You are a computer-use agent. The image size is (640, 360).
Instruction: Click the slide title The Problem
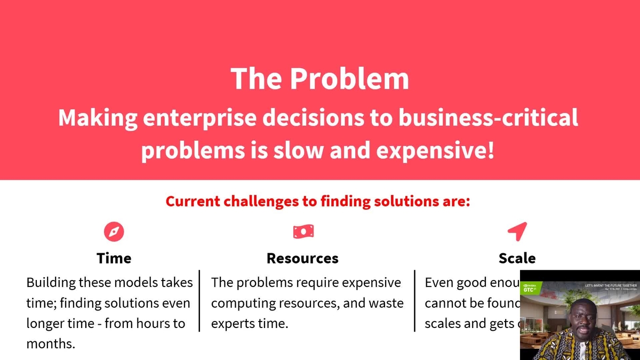[320, 79]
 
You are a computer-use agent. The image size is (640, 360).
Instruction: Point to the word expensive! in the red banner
[435, 151]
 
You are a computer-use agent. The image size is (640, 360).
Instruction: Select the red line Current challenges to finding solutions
[317, 202]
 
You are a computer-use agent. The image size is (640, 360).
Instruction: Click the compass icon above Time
[114, 231]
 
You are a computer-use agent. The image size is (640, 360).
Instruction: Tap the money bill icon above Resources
[303, 231]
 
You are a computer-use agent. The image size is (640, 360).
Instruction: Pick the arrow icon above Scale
[517, 231]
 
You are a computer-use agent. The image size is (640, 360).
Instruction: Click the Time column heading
[114, 259]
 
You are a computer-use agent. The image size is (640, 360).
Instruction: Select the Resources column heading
[302, 259]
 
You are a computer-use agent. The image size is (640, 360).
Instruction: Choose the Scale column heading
[517, 259]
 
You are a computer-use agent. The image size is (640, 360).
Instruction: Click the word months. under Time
[51, 344]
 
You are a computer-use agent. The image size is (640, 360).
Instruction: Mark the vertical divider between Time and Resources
[199, 301]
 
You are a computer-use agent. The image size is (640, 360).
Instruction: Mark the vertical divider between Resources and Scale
[414, 301]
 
